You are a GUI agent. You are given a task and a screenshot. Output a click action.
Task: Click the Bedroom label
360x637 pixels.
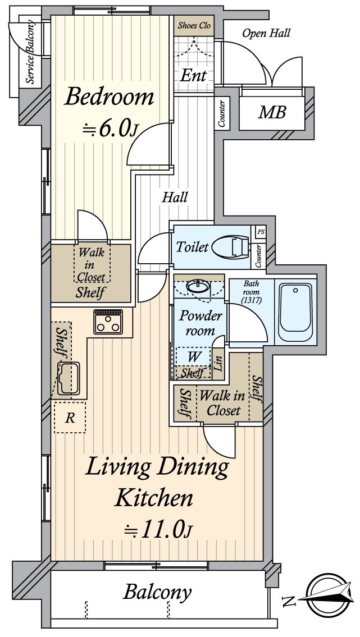tap(109, 97)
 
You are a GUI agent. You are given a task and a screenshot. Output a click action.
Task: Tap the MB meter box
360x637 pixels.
tap(272, 112)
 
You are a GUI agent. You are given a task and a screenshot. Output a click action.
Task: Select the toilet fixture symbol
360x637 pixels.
tap(231, 246)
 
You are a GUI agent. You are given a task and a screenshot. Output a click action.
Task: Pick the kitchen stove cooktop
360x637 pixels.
tap(108, 322)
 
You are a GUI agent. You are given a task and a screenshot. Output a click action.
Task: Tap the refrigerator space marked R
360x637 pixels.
tap(70, 418)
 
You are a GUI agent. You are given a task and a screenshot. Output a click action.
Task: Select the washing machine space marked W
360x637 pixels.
tap(192, 356)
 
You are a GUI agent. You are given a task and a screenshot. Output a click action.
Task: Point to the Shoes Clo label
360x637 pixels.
tap(194, 26)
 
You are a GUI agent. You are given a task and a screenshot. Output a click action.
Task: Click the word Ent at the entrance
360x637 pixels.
tap(194, 75)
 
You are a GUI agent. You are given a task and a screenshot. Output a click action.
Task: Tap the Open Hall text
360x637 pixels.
tap(266, 33)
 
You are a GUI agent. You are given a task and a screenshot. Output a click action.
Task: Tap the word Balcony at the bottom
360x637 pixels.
tap(158, 592)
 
